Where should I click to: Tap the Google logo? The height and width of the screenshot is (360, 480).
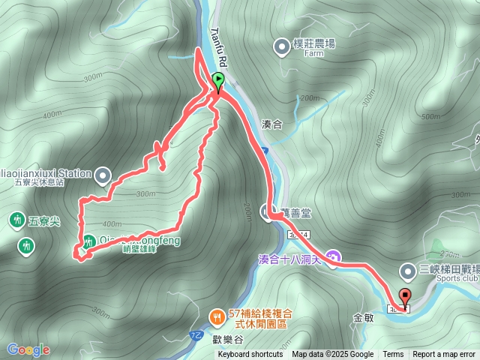coord(28,349)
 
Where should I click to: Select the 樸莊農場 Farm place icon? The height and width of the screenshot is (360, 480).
coord(282,44)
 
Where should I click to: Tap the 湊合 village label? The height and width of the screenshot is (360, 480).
coord(271,125)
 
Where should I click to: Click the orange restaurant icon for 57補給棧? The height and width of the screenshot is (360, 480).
coord(217,316)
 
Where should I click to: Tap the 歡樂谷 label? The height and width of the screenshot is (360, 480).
coord(228,338)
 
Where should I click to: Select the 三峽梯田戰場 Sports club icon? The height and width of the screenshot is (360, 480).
coord(408,270)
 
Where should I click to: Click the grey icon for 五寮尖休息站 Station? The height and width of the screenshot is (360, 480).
coord(103,175)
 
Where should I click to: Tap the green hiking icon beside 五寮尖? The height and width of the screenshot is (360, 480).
coord(16,220)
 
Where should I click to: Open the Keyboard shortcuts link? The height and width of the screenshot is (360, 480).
coord(250,355)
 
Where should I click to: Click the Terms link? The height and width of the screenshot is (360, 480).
coord(393,355)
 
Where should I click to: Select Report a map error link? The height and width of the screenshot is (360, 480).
coord(444,355)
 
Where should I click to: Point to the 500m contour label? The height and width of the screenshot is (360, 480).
coord(430,116)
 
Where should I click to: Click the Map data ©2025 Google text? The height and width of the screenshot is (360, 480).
coord(332,355)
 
